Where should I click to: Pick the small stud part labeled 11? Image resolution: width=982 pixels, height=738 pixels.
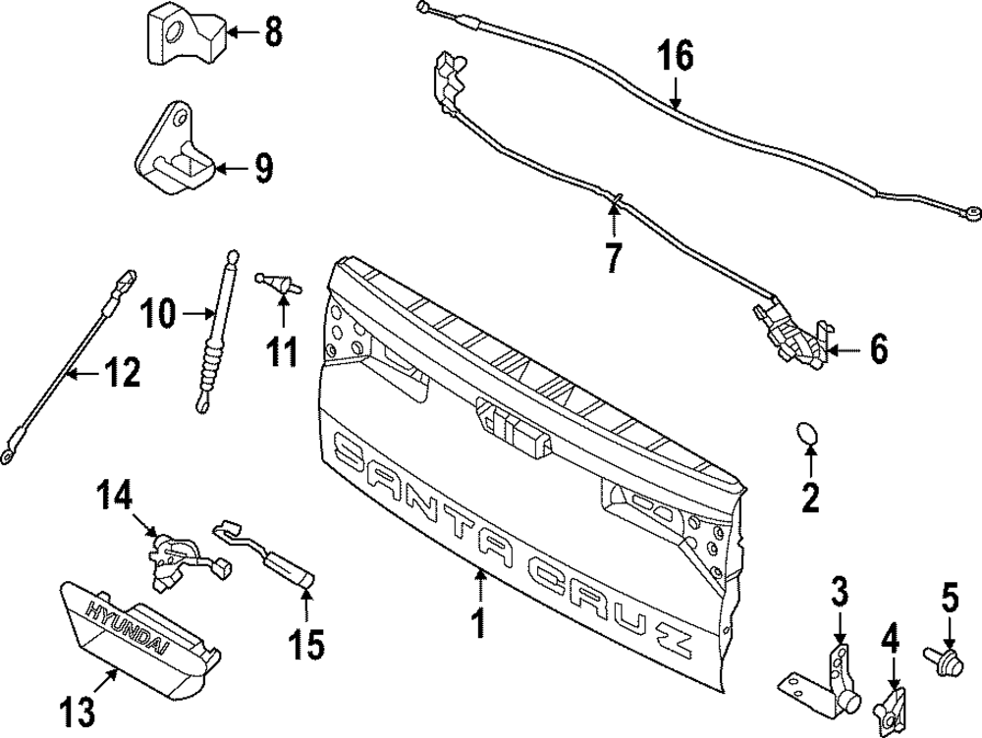pyautogui.click(x=278, y=284)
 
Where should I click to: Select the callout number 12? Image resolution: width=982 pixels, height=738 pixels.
pyautogui.click(x=124, y=373)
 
